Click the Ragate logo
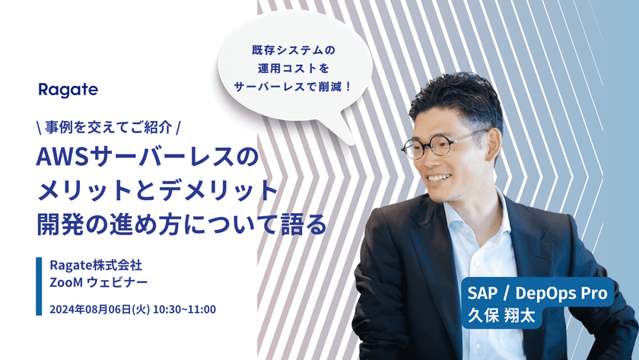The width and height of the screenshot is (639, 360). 68,90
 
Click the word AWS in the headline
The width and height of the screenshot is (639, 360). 62,157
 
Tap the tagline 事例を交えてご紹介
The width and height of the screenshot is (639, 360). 108,128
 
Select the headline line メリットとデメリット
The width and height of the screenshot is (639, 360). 157,190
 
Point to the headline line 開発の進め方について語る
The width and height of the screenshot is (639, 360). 182,224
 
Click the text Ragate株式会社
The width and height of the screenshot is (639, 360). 96,266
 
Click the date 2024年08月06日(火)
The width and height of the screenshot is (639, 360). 100,310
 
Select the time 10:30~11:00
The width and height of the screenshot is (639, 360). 184,310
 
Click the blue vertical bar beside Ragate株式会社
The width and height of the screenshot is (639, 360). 39,286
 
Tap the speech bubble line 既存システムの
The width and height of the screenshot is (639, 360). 294,50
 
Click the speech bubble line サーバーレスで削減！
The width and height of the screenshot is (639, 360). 293,87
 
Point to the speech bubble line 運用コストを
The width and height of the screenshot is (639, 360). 294,68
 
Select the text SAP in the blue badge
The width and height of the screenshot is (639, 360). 482,293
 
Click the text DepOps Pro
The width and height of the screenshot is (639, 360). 561,294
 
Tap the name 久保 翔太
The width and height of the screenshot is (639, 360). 501,316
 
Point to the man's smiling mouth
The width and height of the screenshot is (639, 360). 438,178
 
